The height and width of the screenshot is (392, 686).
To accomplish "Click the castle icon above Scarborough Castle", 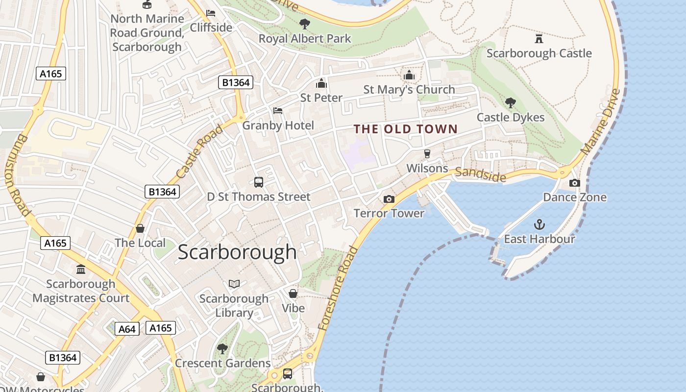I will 539,38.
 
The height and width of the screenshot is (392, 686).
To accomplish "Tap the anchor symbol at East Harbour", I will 539,225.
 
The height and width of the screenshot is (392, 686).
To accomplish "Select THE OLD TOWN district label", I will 406,129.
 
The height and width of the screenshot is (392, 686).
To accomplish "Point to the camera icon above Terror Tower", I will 389,199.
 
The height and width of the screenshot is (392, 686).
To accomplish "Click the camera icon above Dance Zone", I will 574,183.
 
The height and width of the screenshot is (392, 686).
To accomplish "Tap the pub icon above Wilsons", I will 427,154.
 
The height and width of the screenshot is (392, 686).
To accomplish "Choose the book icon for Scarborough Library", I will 234,284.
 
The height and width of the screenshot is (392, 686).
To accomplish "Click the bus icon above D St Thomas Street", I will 258,182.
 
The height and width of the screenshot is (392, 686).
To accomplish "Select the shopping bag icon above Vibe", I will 293,294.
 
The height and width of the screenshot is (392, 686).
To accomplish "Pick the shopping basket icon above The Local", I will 140,228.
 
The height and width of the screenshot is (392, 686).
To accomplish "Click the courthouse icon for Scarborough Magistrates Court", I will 81,269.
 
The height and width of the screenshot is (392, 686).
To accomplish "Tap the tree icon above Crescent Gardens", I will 222,349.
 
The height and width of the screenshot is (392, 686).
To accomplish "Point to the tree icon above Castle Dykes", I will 511,103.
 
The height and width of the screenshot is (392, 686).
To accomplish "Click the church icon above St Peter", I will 321,83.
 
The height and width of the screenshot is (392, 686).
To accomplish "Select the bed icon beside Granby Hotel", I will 278,111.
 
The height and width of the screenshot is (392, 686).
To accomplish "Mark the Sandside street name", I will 480,174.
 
